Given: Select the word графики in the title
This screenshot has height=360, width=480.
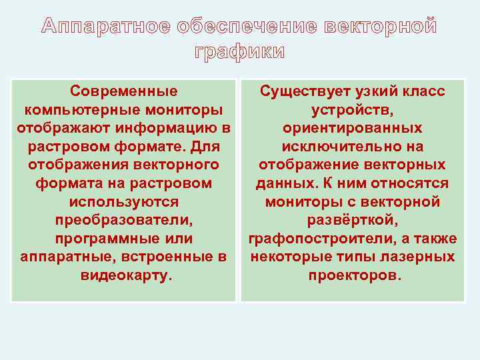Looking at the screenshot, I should click(x=239, y=52).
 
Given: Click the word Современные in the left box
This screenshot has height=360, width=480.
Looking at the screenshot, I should click(x=124, y=91).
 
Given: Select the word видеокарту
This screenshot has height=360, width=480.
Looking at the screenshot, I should click(x=124, y=275).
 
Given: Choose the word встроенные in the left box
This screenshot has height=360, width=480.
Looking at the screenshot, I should click(x=171, y=257).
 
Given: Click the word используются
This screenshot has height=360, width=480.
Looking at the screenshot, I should click(x=124, y=201).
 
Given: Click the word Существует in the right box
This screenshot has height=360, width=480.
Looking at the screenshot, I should click(x=301, y=91).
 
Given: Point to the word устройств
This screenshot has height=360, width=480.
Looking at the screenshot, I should click(x=352, y=109).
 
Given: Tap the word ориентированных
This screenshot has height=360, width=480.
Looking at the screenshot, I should click(x=352, y=127).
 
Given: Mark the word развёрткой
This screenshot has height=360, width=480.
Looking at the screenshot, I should click(x=352, y=219).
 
